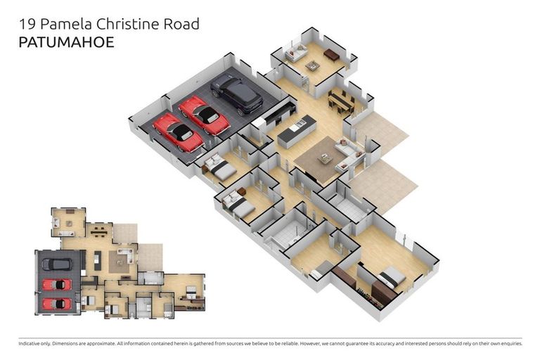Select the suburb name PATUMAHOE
65,42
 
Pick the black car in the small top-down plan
57,264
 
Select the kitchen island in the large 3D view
297,131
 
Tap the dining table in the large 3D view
341,101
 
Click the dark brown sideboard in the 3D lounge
331,54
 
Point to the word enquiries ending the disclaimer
508,344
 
